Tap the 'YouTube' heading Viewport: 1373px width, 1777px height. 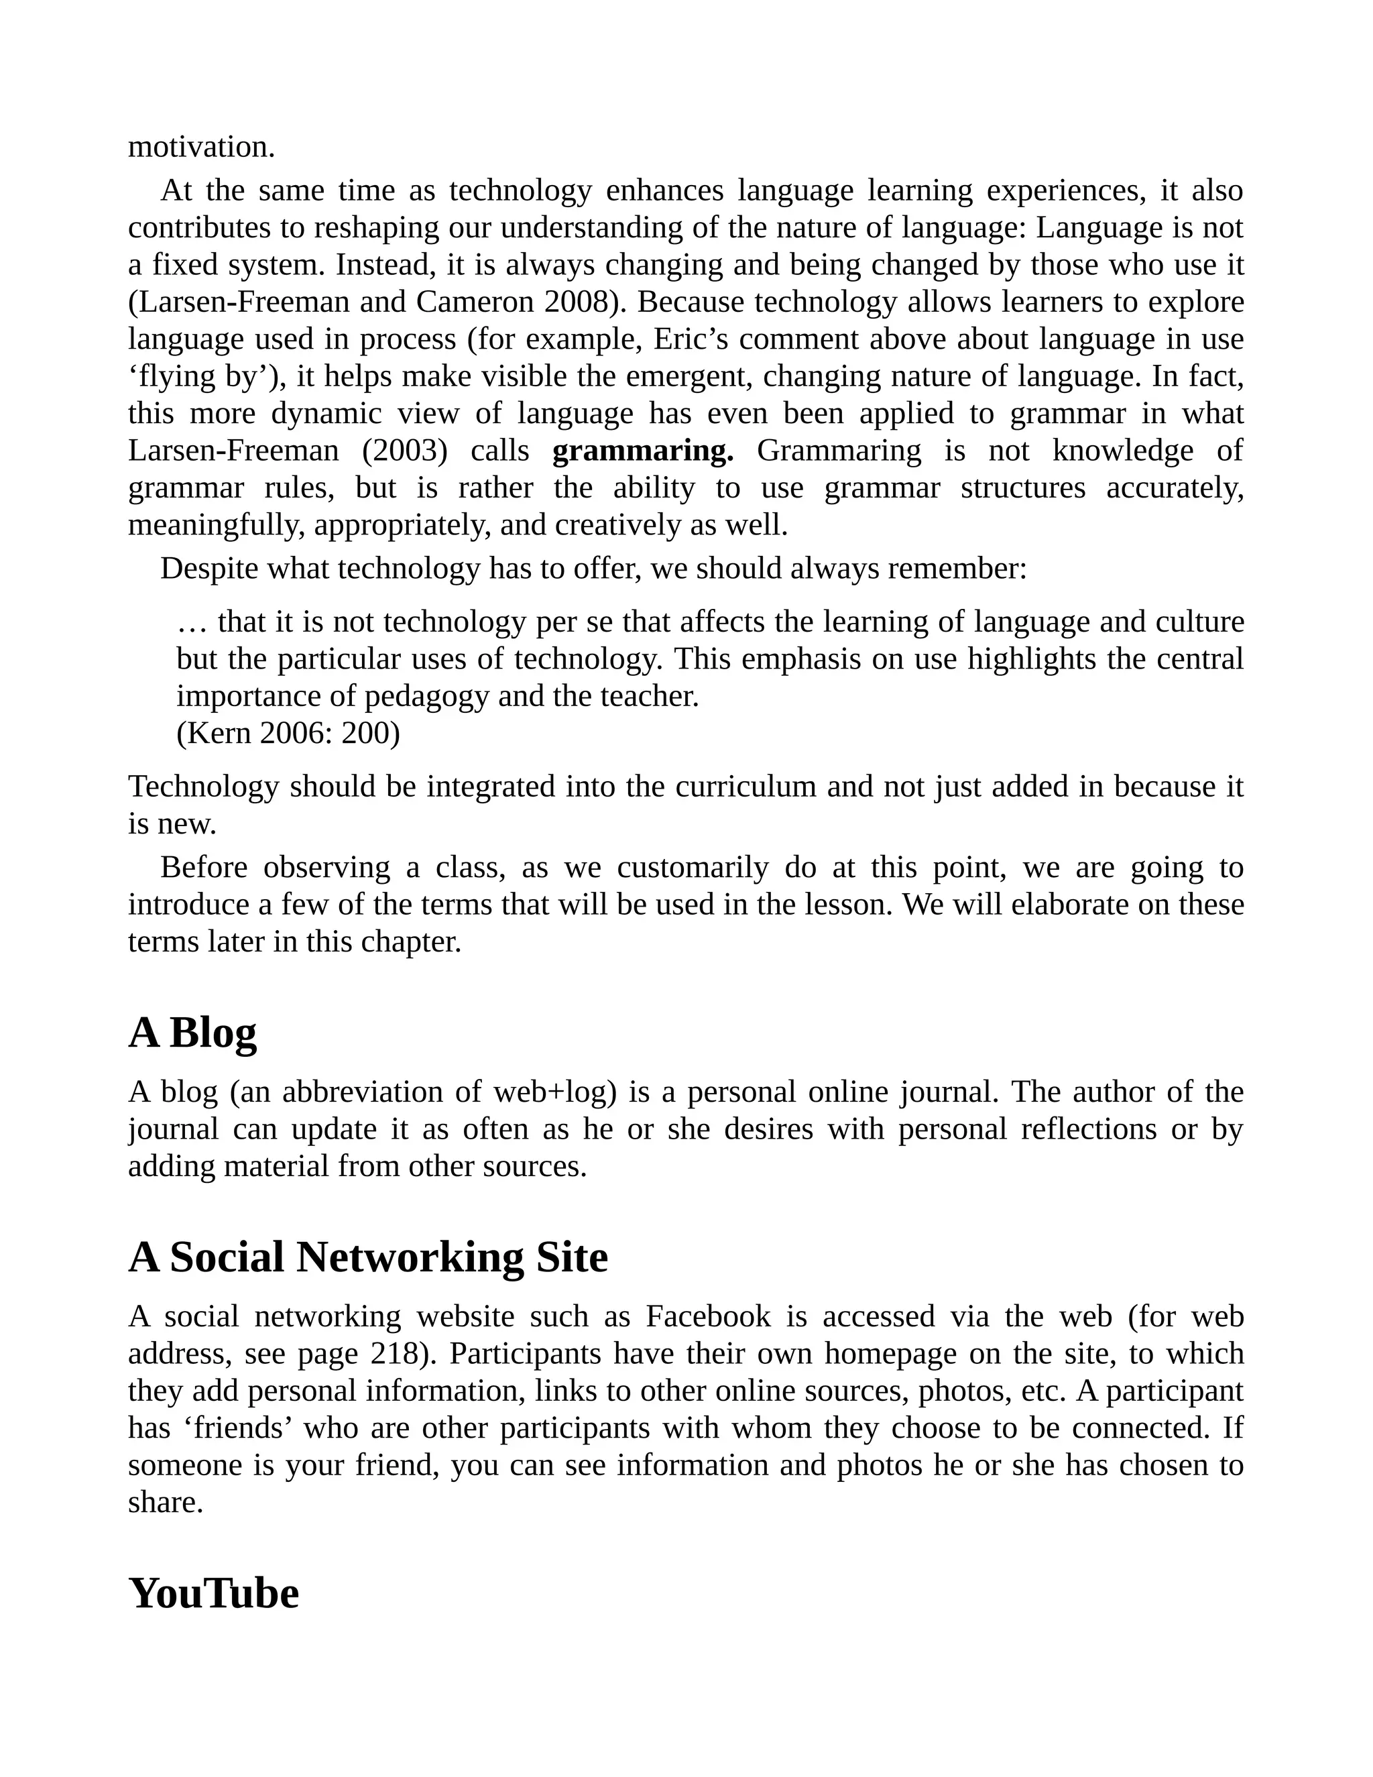click(213, 1593)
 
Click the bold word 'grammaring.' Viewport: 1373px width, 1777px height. click(642, 450)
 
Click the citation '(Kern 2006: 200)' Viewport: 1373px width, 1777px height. click(288, 733)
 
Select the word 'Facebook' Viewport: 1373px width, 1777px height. click(708, 1316)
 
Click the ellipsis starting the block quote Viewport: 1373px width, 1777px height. click(192, 622)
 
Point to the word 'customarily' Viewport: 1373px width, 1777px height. click(692, 867)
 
